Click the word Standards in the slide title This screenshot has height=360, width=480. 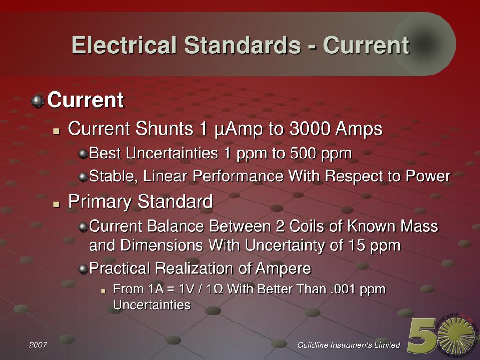click(242, 45)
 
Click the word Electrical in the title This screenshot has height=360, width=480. click(124, 45)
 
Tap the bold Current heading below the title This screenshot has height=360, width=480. click(85, 100)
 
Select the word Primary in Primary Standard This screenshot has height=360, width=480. click(94, 202)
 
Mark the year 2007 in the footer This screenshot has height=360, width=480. click(38, 345)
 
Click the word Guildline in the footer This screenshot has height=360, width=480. click(315, 345)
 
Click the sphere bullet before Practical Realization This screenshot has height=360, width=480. click(83, 269)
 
